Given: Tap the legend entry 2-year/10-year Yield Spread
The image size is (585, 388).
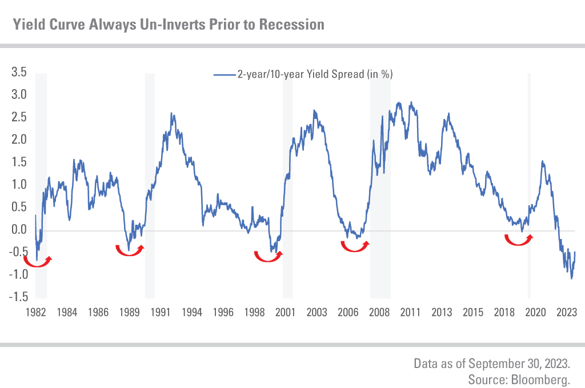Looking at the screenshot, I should tap(314, 74).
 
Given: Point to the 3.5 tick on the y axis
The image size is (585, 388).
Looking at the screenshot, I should tap(19, 72).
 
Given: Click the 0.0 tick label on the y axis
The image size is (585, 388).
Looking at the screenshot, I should tap(19, 230).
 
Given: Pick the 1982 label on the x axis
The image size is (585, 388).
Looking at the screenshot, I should tap(35, 313).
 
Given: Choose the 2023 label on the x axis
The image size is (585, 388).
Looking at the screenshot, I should tap(566, 313).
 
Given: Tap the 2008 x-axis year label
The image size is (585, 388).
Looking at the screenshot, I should tap(378, 313).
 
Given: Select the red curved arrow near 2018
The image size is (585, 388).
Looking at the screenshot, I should tap(519, 239).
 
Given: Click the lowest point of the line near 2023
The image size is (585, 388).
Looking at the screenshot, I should tap(571, 278).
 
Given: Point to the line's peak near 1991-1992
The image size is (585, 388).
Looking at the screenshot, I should tap(172, 114).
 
